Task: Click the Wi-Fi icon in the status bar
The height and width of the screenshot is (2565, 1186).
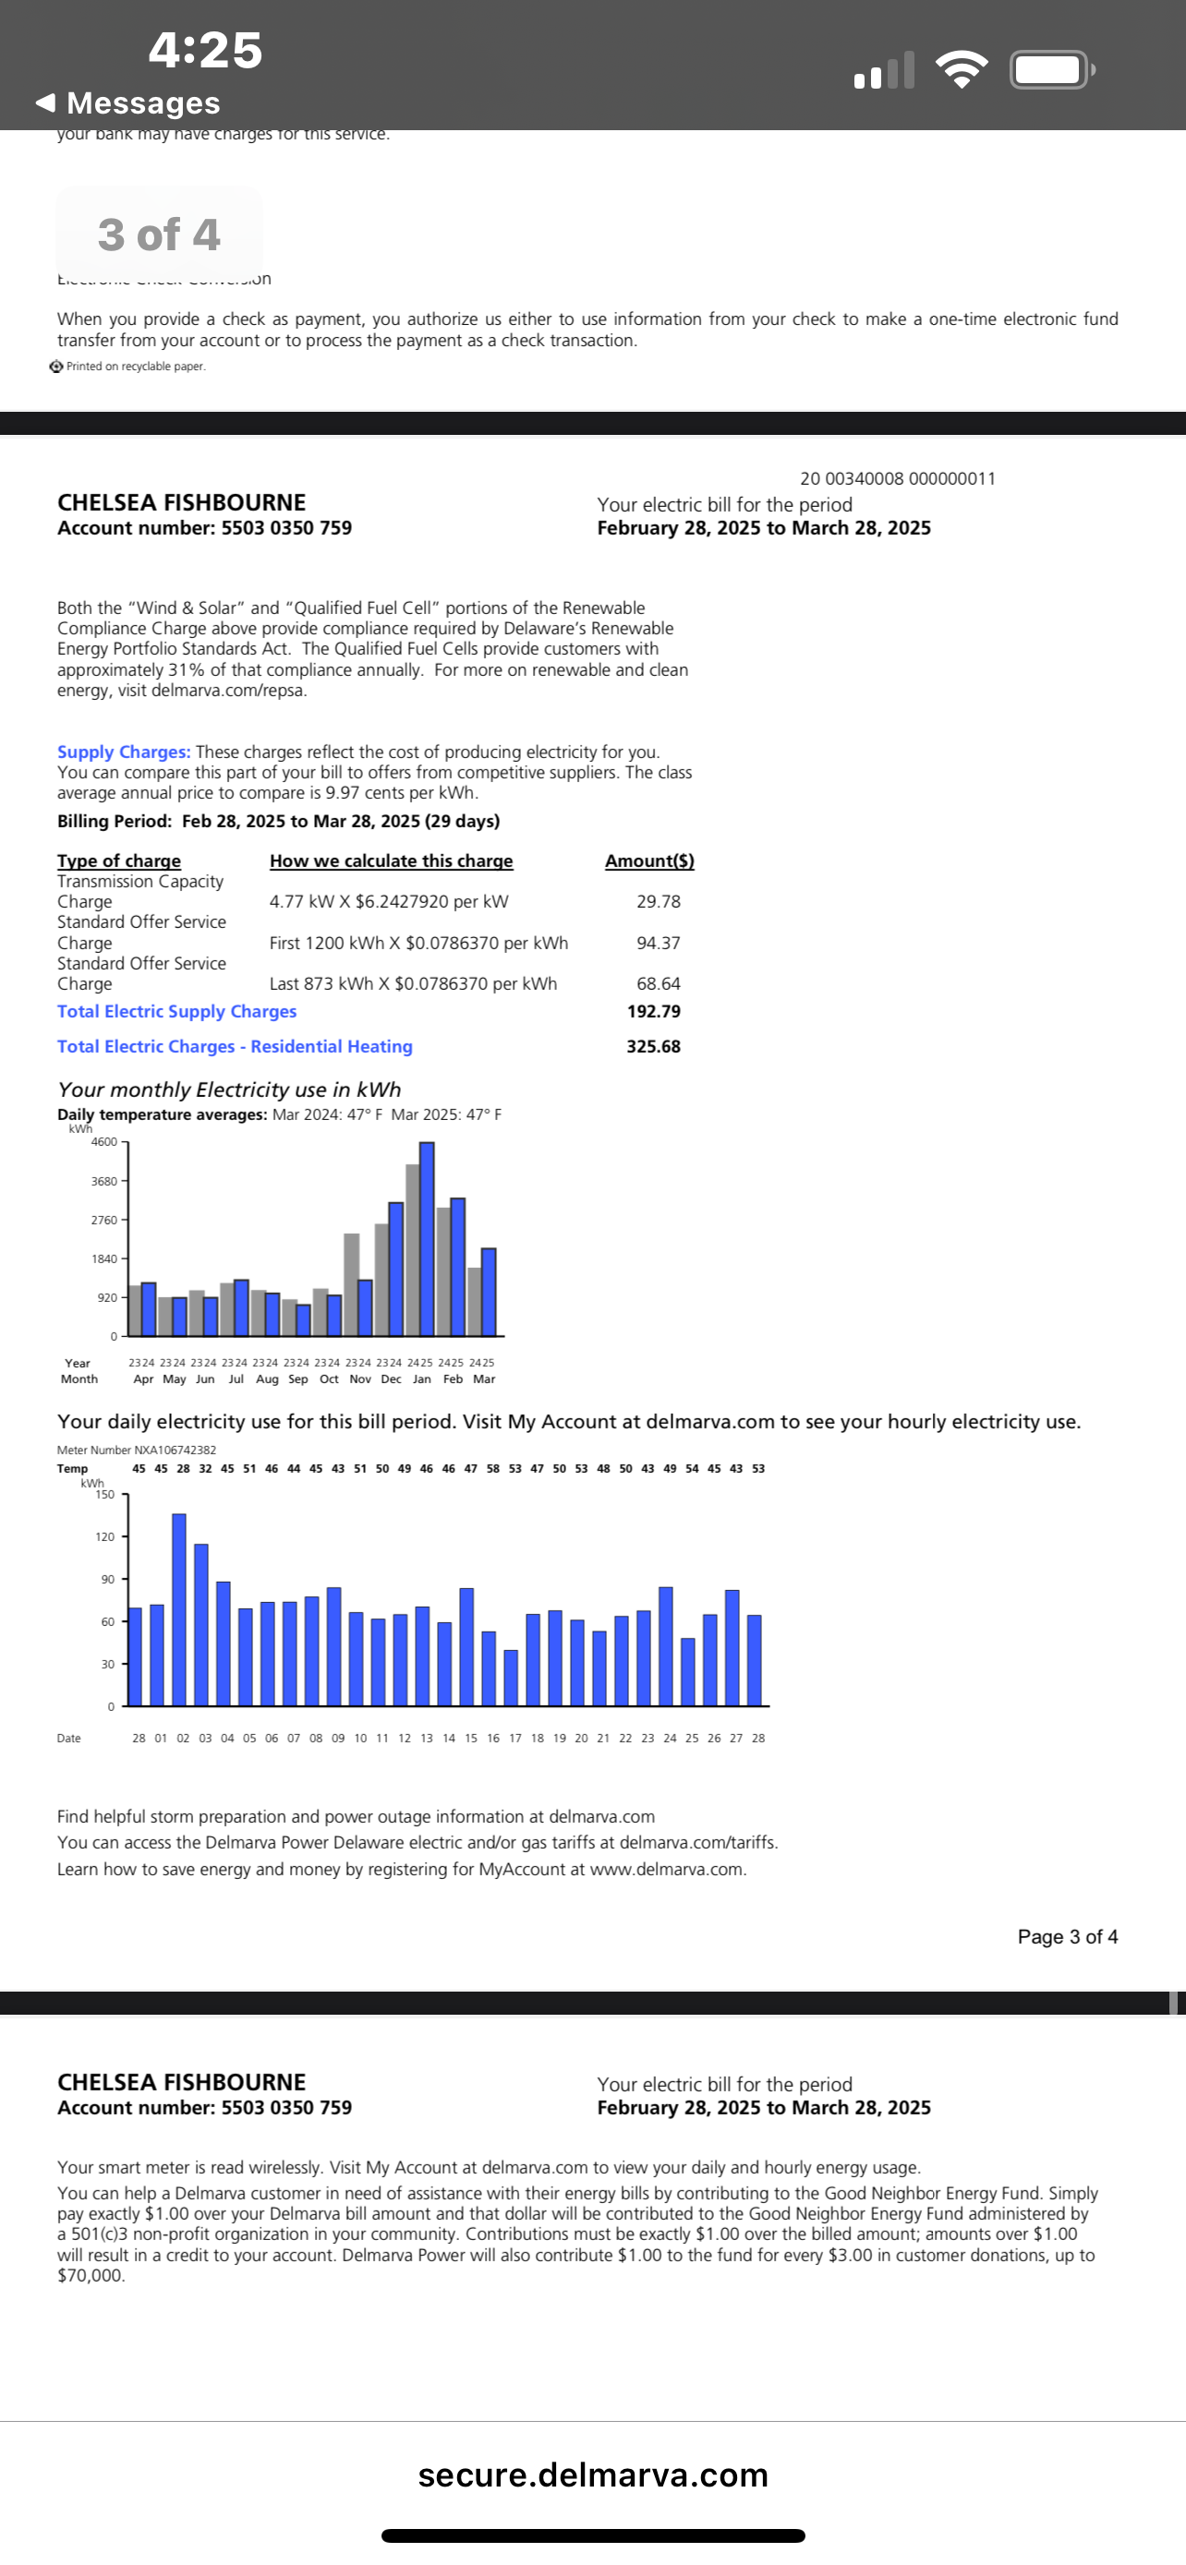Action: pos(961,69)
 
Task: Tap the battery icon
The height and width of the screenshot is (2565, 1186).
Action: pos(1050,69)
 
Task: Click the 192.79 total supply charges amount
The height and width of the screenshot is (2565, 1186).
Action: pos(653,1012)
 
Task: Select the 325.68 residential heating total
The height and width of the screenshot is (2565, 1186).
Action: pos(653,1046)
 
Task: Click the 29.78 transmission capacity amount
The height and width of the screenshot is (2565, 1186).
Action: pos(659,902)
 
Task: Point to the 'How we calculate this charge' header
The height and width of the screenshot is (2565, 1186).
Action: pos(392,861)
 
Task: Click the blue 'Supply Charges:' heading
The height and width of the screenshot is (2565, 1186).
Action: pos(124,753)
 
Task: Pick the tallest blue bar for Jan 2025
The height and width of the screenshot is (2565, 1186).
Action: pos(427,1239)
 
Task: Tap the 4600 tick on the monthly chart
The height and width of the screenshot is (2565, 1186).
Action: pos(104,1142)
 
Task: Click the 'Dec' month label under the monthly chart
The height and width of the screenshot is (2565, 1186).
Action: pos(392,1379)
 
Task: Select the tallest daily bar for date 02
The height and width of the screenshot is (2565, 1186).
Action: pos(179,1609)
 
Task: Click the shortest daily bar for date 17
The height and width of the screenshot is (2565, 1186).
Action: pos(511,1678)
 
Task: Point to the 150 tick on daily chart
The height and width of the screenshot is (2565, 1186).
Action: pos(104,1495)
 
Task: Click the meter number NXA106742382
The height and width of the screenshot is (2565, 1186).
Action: pos(137,1450)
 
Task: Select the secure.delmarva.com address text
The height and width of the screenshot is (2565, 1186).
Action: pos(592,2475)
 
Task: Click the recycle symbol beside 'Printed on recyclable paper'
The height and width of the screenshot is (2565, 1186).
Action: pos(56,367)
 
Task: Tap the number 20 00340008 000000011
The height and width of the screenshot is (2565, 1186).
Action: pos(897,479)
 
